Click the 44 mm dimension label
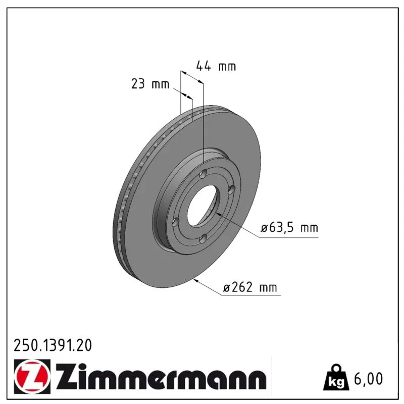[216, 66]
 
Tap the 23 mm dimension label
[150, 84]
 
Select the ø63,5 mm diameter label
[289, 228]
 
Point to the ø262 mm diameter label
[250, 287]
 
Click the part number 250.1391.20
[53, 345]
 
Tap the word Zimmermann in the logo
[161, 376]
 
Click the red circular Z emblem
[32, 376]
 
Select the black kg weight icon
[336, 377]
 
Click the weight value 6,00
[369, 378]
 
